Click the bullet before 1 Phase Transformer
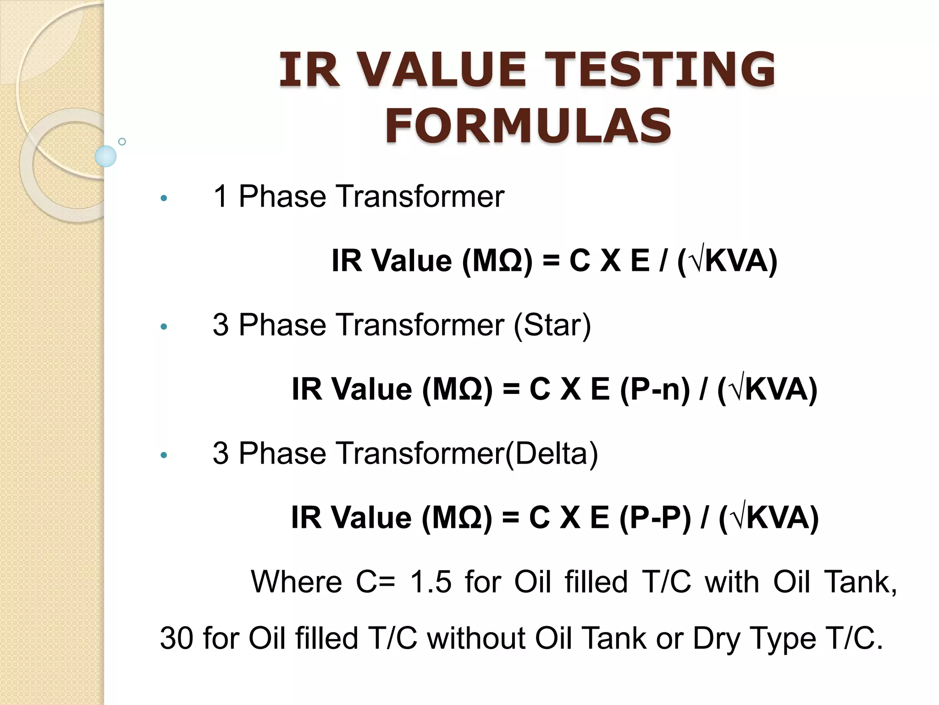(x=164, y=199)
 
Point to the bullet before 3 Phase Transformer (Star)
(x=164, y=327)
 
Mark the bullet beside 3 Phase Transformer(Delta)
(x=164, y=456)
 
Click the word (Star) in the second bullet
(x=552, y=325)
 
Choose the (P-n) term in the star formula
(x=654, y=390)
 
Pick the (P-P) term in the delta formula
(x=655, y=518)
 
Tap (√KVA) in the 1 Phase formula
(x=727, y=261)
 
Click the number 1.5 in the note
(x=431, y=582)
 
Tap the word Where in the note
(x=296, y=582)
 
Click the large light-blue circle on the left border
(x=105, y=156)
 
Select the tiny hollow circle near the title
(x=122, y=141)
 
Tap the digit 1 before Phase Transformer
(x=221, y=197)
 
